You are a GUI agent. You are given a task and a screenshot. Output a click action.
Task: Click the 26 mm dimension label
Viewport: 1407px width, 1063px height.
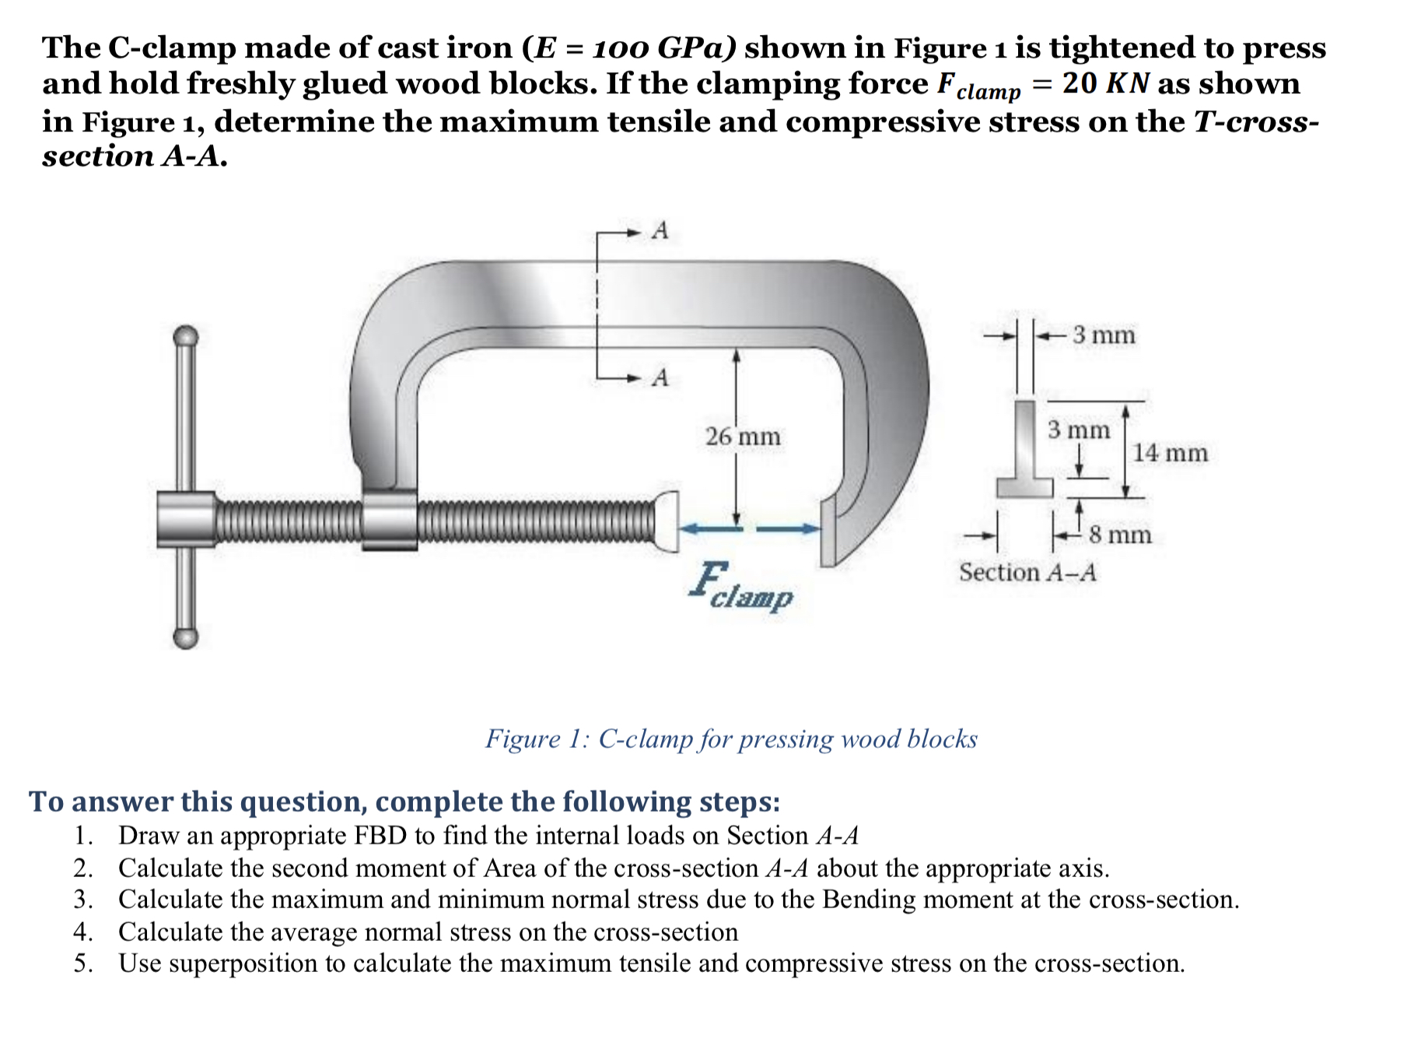point(743,437)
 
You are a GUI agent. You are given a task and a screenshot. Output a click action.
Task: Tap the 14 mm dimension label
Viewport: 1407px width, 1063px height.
point(1169,453)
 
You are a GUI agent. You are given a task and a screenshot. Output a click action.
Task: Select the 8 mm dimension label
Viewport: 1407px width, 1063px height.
point(1120,535)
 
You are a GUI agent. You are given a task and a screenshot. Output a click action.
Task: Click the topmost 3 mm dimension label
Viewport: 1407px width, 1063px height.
point(1104,335)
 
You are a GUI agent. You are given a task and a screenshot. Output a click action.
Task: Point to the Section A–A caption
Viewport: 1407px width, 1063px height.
point(1027,573)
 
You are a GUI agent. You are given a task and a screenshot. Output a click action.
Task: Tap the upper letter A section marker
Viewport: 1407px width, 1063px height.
point(660,231)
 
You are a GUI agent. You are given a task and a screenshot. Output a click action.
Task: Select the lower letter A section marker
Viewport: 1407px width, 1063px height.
point(660,377)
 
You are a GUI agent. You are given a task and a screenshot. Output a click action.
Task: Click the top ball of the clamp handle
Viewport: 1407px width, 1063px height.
point(186,337)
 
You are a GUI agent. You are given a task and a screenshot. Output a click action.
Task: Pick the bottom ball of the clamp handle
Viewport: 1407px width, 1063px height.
point(186,637)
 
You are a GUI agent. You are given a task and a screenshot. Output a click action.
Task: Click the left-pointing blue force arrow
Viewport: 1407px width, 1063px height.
point(712,529)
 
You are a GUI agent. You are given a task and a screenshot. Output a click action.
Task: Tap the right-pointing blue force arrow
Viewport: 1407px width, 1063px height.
point(788,529)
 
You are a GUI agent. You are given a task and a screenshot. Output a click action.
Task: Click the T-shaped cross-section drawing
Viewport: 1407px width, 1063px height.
point(1025,451)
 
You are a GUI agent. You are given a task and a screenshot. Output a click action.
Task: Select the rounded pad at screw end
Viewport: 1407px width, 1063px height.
point(666,521)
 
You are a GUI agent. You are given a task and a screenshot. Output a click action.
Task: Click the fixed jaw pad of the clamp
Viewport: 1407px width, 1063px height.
point(828,532)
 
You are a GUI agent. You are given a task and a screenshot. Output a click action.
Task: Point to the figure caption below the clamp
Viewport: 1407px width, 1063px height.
point(731,738)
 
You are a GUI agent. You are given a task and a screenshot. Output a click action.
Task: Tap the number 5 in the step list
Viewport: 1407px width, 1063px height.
point(82,963)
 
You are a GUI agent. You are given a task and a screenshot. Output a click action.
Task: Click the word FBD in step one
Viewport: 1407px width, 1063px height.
point(380,836)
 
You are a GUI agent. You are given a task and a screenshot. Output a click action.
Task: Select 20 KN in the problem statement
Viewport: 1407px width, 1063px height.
point(1105,83)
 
